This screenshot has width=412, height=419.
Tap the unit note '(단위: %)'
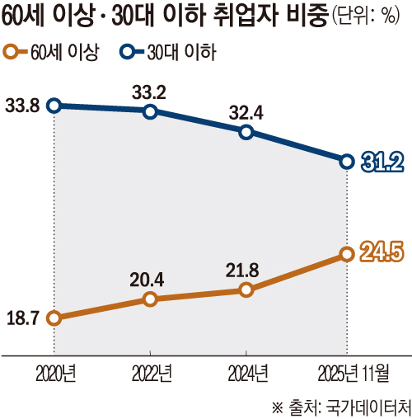coord(372,19)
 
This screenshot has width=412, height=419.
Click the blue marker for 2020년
coord(54,105)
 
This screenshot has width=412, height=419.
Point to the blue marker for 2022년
coord(149,111)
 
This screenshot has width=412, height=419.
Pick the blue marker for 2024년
coord(245,131)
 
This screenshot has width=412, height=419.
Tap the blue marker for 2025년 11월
coord(346,161)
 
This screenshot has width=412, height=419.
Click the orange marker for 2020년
coord(54,318)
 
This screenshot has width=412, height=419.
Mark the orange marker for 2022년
coord(149,299)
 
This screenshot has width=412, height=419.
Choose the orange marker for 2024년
coord(245,290)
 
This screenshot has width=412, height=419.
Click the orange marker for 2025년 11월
coord(346,255)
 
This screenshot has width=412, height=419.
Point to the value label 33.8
coord(22,105)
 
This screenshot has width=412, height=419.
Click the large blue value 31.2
coord(382,162)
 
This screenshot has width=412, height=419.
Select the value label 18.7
coord(22,318)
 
